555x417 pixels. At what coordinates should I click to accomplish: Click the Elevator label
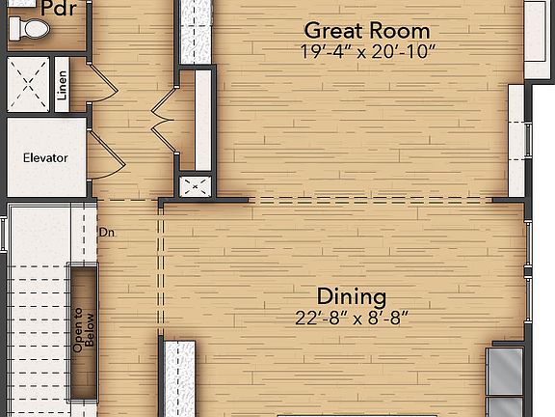(44, 156)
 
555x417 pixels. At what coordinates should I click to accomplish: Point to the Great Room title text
(352, 29)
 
